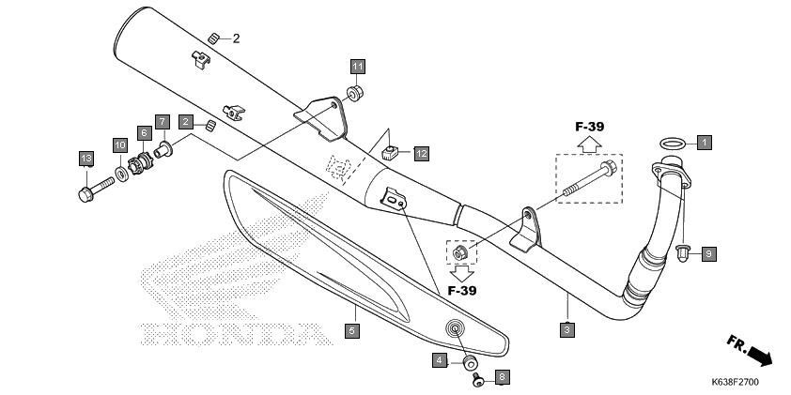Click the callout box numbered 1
coord(705,143)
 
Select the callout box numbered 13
coord(86,159)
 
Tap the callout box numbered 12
coord(421,154)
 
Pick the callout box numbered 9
coord(708,254)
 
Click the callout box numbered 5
coord(352,331)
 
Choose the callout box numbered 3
coord(567,330)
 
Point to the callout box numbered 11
coord(358,67)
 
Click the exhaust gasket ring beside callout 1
coord(673,144)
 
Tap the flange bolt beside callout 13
coord(97,189)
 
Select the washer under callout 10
coord(121,175)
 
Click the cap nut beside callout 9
coord(683,254)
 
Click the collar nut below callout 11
coord(355,94)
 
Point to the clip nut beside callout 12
coord(390,152)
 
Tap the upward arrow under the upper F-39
coord(589,144)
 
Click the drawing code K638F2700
coord(735,382)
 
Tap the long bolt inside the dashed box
coord(589,179)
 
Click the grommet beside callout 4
coord(470,362)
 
